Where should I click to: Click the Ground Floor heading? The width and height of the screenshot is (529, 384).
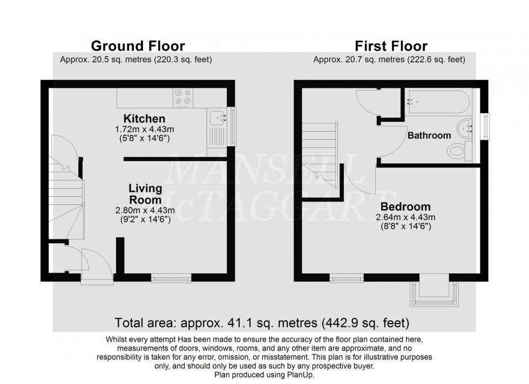click(x=138, y=46)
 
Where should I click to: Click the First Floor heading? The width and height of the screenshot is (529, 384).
click(x=390, y=46)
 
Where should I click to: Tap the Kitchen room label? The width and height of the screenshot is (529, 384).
click(x=144, y=119)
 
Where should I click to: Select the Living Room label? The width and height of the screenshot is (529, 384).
click(x=145, y=194)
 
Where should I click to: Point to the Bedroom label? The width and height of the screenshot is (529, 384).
click(x=405, y=207)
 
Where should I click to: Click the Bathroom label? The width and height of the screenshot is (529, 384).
click(x=429, y=136)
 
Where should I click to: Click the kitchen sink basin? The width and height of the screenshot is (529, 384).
click(x=216, y=116)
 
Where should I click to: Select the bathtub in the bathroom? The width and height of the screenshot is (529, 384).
click(x=438, y=101)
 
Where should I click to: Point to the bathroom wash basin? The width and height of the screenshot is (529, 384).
click(x=464, y=129)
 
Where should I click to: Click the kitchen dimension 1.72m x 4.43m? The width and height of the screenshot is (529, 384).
click(x=144, y=129)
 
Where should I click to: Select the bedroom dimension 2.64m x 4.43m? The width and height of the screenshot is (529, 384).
click(x=405, y=217)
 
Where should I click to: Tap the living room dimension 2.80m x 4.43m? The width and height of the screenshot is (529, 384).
click(x=145, y=210)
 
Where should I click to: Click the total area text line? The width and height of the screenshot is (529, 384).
click(x=262, y=324)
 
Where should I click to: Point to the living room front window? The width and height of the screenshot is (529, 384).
click(x=171, y=278)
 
